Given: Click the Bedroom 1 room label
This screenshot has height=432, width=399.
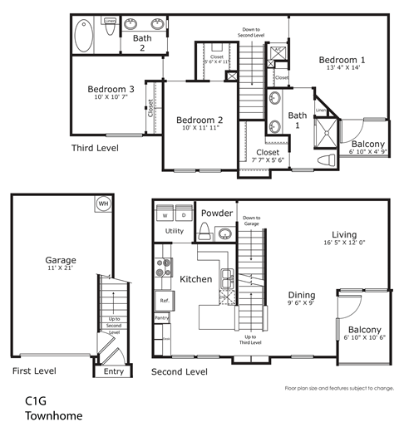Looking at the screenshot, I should [x=342, y=61].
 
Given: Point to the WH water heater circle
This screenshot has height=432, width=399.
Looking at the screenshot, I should [x=103, y=204].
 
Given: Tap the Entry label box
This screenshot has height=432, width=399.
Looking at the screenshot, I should [x=111, y=371].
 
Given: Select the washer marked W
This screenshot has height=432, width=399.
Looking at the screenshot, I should [x=165, y=214].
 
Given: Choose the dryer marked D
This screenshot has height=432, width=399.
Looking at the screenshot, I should [x=183, y=214].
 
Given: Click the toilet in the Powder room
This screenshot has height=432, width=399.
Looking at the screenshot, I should [x=204, y=230].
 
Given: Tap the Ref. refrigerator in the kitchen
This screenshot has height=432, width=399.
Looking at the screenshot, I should [x=164, y=301].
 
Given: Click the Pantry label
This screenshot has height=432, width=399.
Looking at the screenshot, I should [x=162, y=318].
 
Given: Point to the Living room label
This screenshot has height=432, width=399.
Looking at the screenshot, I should [x=344, y=234].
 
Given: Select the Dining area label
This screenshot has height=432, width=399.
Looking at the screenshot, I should [x=302, y=295].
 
